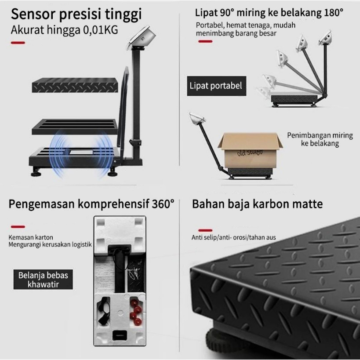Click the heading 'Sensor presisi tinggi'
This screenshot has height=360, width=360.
tap(76, 14)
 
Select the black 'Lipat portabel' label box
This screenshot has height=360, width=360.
tap(217, 86)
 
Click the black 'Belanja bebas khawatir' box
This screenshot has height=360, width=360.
tap(43, 280)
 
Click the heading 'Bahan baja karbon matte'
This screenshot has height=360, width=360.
tap(258, 204)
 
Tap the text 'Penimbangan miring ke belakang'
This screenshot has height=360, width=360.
tap(320, 139)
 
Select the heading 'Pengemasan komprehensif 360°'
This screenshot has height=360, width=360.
tap(91, 204)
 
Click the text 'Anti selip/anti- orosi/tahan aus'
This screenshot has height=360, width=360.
tap(234, 237)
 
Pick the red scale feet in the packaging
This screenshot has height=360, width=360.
tap(135, 312)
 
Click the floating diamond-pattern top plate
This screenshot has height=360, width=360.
tap(75, 85)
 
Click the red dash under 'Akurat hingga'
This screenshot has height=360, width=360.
tap(18, 43)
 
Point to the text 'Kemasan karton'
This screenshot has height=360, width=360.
tap(31, 237)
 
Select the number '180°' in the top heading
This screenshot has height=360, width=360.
tap(334, 13)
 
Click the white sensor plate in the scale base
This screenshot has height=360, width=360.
tap(81, 153)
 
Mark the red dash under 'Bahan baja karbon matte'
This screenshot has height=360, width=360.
tap(205, 230)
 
